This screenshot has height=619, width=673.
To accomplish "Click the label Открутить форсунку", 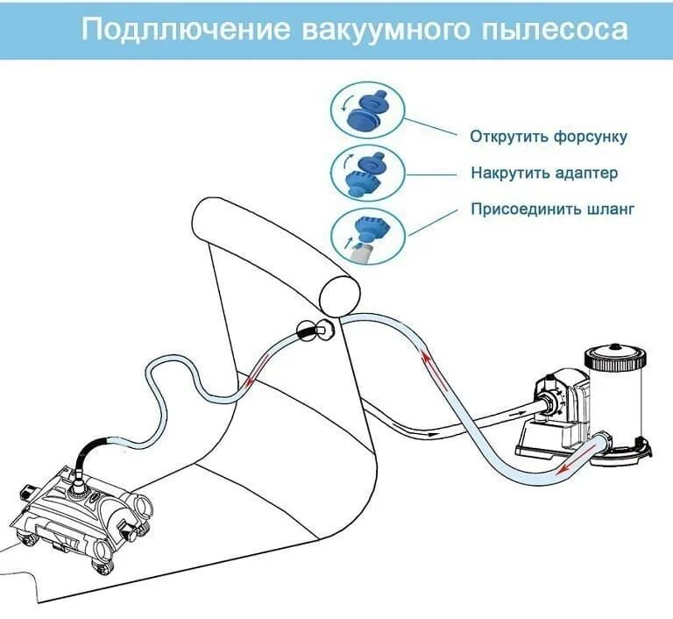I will (x=549, y=138).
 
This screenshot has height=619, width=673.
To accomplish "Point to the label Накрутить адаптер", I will (x=543, y=173).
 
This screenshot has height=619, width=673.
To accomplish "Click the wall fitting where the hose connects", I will (x=312, y=331).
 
